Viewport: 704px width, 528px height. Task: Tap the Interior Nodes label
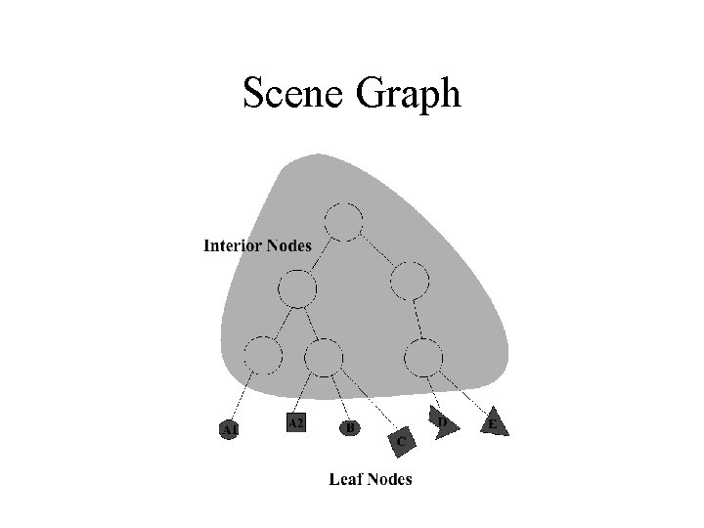[257, 245]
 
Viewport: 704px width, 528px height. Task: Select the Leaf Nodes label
[371, 478]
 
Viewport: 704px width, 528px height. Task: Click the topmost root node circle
[343, 221]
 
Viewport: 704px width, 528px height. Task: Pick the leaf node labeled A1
[229, 429]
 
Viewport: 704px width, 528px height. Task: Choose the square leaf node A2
[296, 422]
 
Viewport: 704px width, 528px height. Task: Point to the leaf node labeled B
[351, 427]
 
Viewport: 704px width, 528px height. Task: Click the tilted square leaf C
[402, 442]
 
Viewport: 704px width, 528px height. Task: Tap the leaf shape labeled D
[442, 423]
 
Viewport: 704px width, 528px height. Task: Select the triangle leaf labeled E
[495, 423]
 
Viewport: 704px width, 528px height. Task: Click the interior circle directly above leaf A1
[263, 354]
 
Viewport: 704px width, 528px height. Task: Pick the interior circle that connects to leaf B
[324, 357]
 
